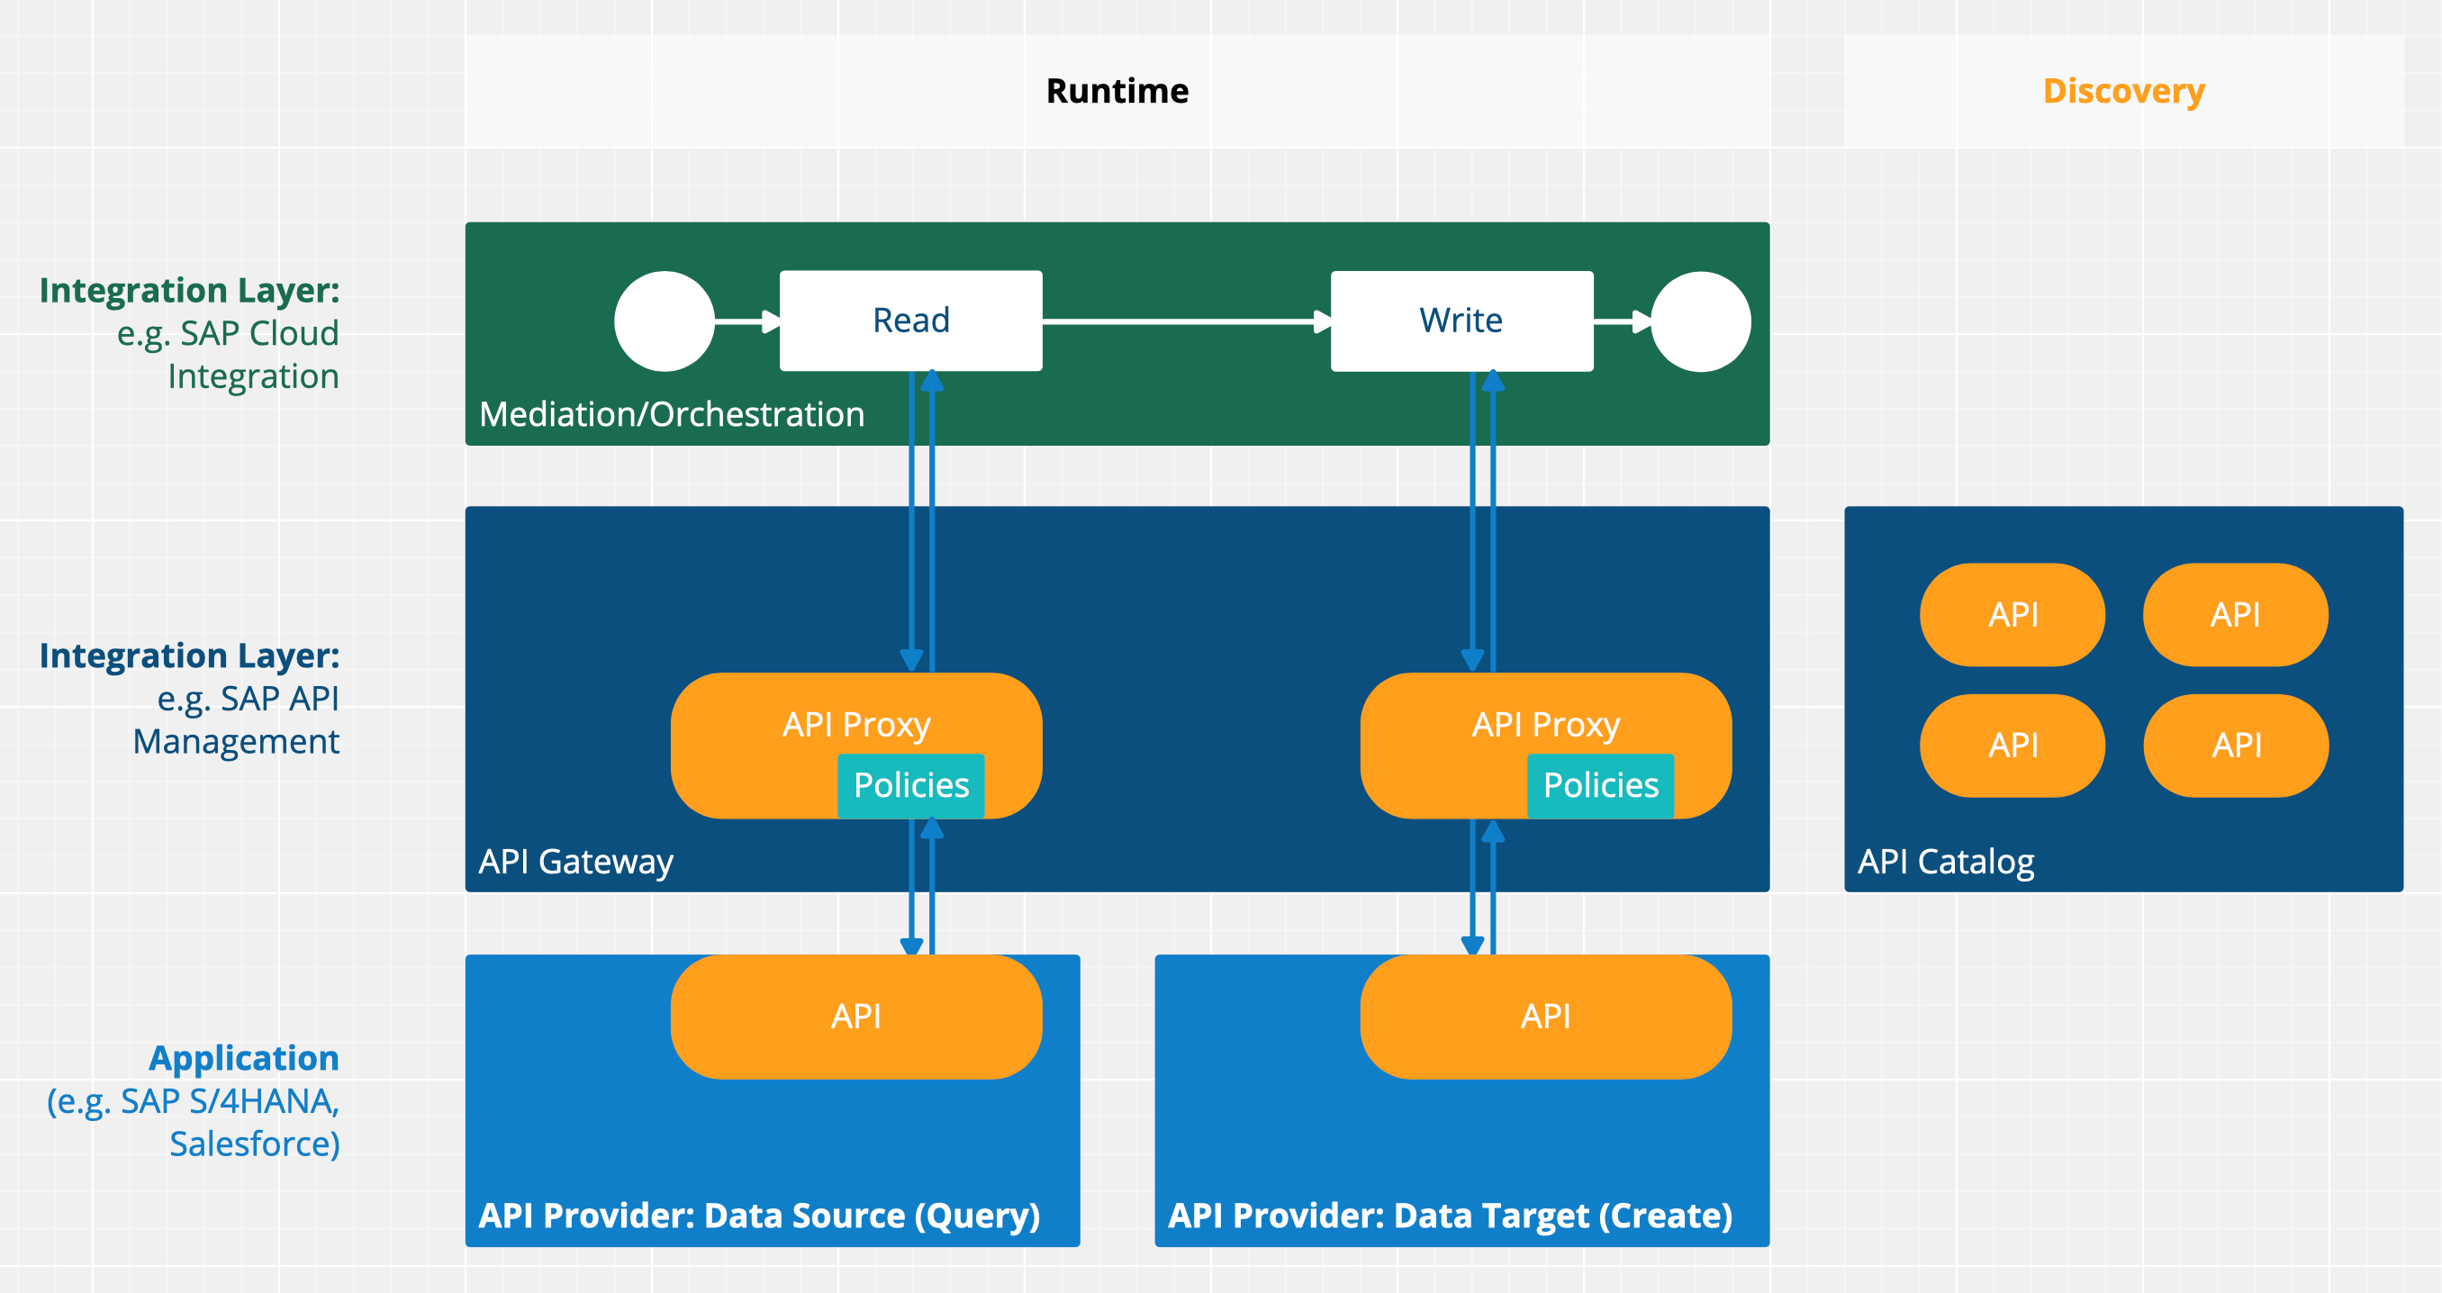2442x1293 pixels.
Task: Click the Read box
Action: click(910, 321)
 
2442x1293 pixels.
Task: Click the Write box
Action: click(1461, 321)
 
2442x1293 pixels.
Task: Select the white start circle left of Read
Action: click(664, 321)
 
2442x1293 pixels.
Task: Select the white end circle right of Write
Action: click(1701, 321)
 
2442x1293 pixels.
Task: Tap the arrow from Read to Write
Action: click(1185, 322)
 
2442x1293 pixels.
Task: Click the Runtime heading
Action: click(1117, 91)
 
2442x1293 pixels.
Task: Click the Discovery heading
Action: click(2123, 91)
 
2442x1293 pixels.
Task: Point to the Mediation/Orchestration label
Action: click(671, 414)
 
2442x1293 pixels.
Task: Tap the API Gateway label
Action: click(575, 862)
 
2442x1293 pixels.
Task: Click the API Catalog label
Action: click(1945, 862)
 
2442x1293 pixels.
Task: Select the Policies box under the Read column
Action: click(911, 785)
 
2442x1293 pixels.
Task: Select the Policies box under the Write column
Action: click(1600, 785)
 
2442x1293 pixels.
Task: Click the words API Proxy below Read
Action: click(856, 724)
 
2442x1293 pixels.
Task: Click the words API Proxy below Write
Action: click(1545, 724)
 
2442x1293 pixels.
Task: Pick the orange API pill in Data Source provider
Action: click(856, 1017)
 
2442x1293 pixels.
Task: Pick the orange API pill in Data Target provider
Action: click(1545, 1017)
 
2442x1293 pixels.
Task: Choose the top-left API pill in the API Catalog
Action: click(2012, 614)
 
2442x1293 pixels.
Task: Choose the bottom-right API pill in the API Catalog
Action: click(2235, 745)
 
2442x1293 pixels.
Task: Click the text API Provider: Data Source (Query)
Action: click(758, 1216)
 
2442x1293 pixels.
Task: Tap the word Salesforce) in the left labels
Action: click(254, 1144)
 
